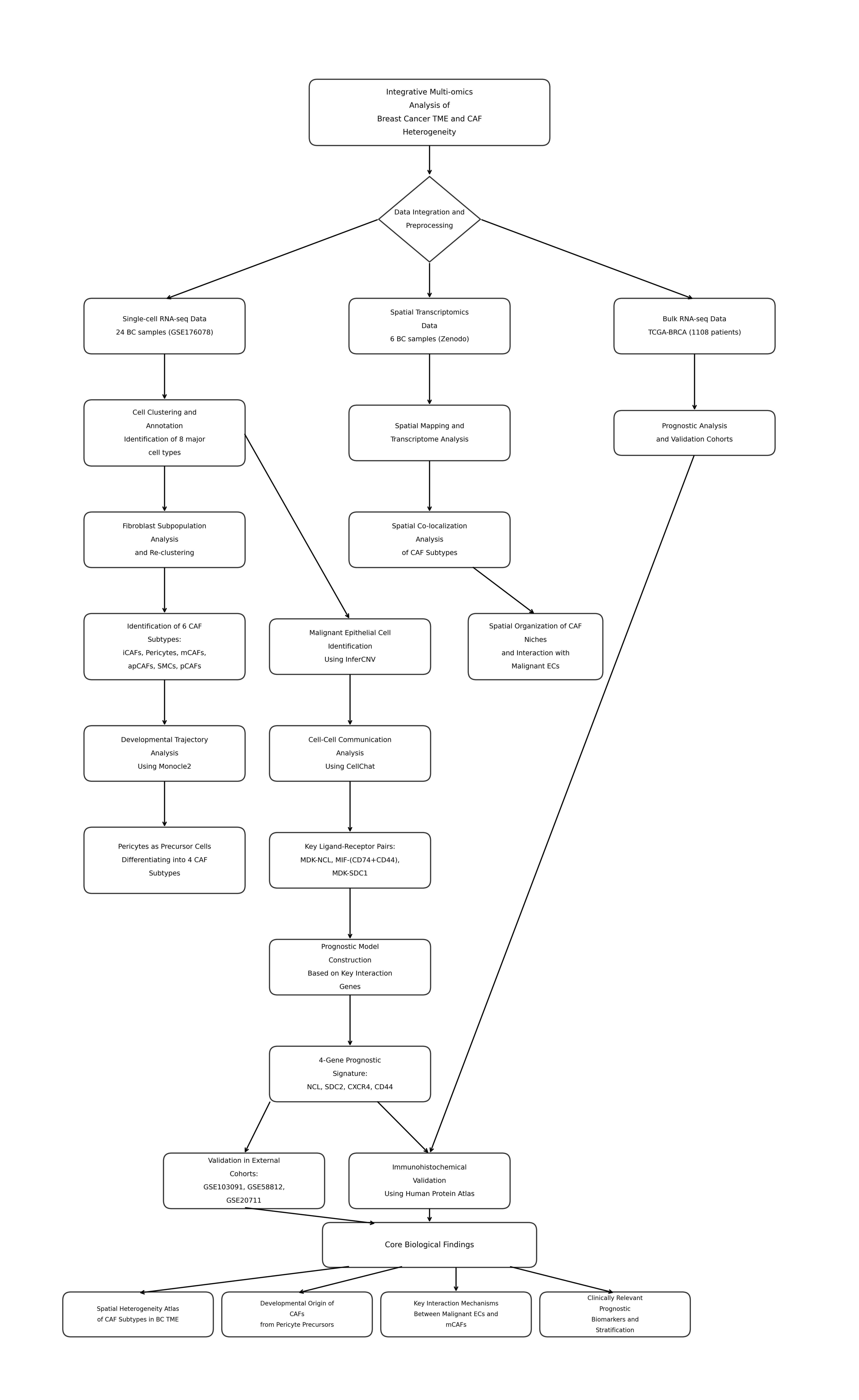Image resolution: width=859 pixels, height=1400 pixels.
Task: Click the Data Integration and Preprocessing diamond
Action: click(x=429, y=219)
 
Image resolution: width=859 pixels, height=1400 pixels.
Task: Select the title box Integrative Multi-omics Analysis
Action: click(x=429, y=113)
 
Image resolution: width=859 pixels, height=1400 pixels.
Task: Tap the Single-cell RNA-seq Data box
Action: click(x=165, y=326)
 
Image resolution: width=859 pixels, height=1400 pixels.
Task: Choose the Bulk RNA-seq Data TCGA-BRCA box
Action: click(x=694, y=326)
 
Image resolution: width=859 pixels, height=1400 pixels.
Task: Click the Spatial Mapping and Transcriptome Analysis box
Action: click(x=429, y=433)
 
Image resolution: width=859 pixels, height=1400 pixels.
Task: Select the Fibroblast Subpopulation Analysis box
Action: click(x=165, y=540)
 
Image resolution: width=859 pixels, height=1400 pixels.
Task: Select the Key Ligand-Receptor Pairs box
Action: click(x=350, y=860)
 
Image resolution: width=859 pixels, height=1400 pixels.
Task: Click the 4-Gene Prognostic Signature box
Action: click(x=350, y=1074)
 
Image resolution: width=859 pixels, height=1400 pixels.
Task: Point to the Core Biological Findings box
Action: click(x=429, y=1245)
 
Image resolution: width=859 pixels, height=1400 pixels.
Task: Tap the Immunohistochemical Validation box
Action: click(x=429, y=1181)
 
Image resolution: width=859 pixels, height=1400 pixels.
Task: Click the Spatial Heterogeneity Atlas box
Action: click(x=138, y=1314)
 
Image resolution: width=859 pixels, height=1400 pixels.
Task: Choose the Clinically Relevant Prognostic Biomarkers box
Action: click(x=615, y=1314)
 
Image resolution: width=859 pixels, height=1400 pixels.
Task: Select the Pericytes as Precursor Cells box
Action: click(x=165, y=860)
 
